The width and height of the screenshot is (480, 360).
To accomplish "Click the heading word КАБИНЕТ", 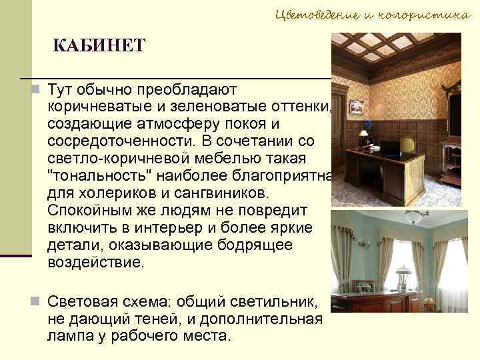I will click(x=99, y=46).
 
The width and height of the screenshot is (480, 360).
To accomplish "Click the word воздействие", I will click(x=95, y=263).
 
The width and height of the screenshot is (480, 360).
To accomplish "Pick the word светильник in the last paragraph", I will click(x=267, y=301).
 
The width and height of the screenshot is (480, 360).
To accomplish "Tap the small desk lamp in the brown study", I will click(x=363, y=135).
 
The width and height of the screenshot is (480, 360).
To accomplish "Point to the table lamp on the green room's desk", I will click(x=403, y=275).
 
